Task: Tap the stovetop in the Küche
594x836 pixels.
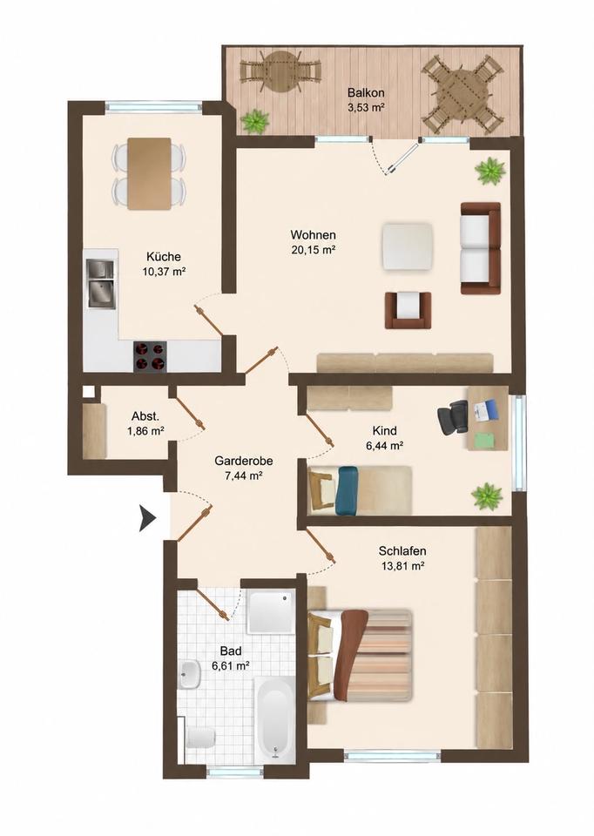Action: (150, 356)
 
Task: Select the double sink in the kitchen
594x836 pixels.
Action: (101, 283)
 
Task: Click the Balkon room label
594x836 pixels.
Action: (366, 92)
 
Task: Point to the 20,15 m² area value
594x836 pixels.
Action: (314, 250)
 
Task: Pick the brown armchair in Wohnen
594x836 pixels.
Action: (408, 310)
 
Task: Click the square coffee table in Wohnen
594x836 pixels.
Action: (407, 247)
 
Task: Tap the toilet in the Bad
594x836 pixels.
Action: (199, 738)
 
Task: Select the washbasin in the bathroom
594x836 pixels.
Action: (189, 674)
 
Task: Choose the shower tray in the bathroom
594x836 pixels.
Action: (271, 611)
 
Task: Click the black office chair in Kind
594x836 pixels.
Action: (452, 417)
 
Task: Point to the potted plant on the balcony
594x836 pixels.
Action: (255, 121)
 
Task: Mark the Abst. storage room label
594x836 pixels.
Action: (145, 417)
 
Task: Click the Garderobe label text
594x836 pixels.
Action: (244, 461)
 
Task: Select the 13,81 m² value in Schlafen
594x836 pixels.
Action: (402, 566)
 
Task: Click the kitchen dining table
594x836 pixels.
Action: (149, 174)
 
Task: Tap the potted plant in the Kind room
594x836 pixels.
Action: (487, 496)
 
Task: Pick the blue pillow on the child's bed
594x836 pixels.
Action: (348, 491)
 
